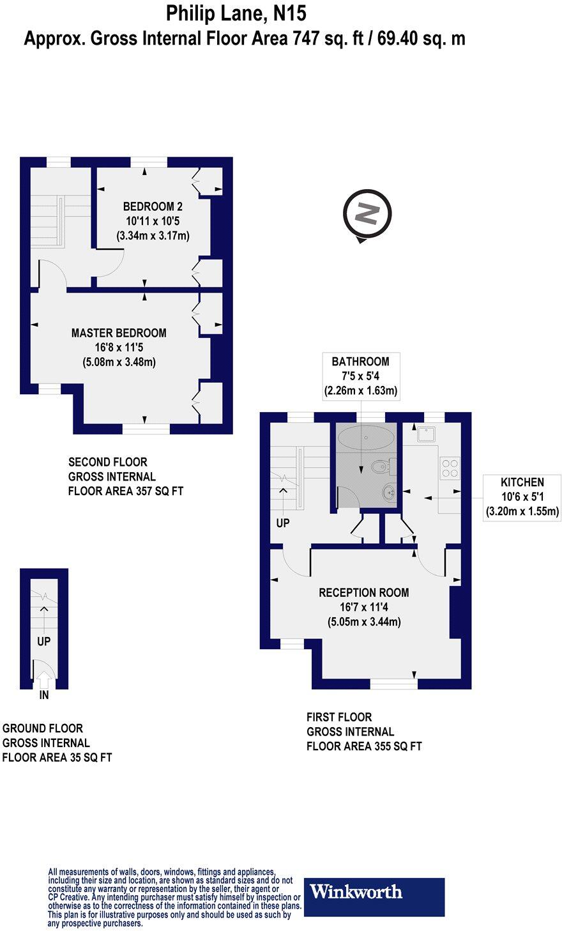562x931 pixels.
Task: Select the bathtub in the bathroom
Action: pos(361,438)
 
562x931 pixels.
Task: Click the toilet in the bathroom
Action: pos(381,468)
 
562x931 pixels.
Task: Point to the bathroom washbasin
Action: pos(389,492)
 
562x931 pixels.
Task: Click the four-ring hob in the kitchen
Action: pos(449,468)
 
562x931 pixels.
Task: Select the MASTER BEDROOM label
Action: pos(119,333)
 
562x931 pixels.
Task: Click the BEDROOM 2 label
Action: pos(153,206)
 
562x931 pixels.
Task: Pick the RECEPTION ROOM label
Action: pos(364,592)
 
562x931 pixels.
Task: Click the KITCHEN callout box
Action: pos(522,496)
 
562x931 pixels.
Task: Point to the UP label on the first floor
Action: pos(283,522)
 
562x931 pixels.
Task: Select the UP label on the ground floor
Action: pos(43,641)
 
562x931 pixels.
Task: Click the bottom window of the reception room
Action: pos(393,684)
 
